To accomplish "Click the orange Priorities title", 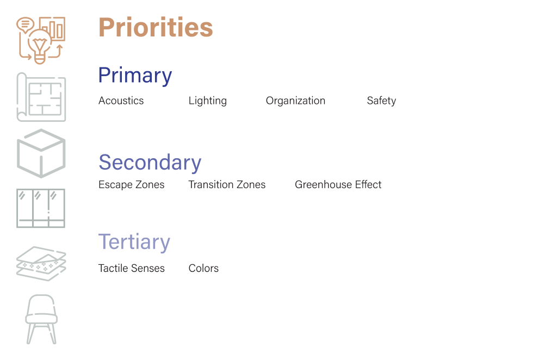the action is (x=156, y=27).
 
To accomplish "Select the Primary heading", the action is (x=135, y=75).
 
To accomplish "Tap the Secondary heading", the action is (x=150, y=162).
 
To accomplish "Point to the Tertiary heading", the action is (x=134, y=243).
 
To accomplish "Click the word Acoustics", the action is (x=121, y=101).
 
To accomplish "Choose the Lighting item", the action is (x=207, y=101).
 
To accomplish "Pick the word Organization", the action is (x=295, y=101).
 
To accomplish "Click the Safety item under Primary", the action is (x=381, y=101).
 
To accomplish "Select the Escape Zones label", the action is (x=132, y=184).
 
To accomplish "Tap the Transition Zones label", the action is (x=227, y=184).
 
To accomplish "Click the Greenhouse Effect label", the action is (x=338, y=184).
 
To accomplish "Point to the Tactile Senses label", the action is (x=132, y=268).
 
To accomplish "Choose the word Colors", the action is (x=203, y=268).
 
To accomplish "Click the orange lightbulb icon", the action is (x=39, y=47).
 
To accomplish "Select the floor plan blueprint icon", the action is (x=41, y=97).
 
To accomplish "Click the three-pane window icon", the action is (x=41, y=208).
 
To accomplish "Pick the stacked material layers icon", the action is (x=41, y=263).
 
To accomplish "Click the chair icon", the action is (x=41, y=319).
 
